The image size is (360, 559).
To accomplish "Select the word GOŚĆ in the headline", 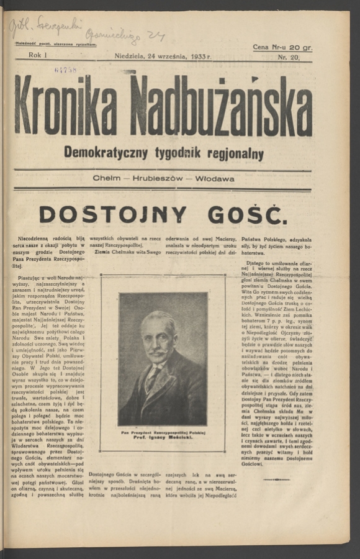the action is tap(247, 214).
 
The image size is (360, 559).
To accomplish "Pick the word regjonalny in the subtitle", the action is tap(233, 154).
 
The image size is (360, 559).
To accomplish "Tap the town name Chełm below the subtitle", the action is tap(106, 179).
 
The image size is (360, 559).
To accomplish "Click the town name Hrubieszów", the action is tap(158, 179).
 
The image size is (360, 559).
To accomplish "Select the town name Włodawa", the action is tap(215, 179).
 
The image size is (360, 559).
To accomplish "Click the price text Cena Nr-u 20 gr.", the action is tap(282, 47).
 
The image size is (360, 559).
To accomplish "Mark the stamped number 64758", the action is tap(65, 70).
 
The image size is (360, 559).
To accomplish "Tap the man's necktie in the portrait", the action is tap(151, 375).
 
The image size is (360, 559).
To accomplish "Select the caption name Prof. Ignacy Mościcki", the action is tap(162, 438).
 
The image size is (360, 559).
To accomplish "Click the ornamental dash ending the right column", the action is tap(276, 479).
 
